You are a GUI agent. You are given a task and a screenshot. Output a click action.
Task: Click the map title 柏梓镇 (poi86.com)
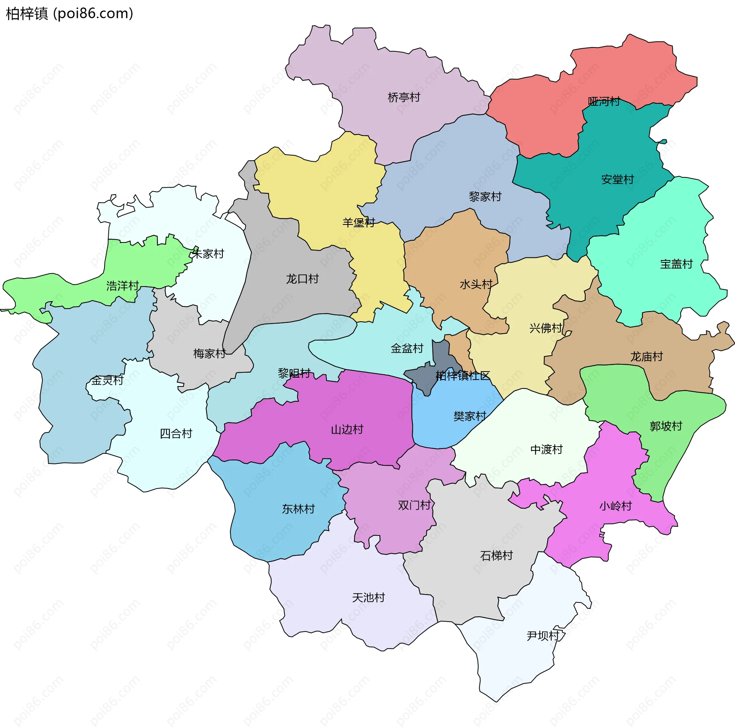(69, 13)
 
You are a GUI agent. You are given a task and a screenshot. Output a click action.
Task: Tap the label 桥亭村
(403, 97)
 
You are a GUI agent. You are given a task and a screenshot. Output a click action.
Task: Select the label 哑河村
(604, 101)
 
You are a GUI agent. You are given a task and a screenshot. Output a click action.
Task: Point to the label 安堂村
(617, 179)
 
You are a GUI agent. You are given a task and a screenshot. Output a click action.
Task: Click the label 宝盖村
(676, 264)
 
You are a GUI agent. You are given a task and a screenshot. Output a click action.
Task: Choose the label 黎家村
(485, 196)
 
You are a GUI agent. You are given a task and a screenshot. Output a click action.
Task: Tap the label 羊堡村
(358, 223)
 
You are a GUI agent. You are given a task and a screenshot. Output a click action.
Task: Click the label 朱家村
(207, 254)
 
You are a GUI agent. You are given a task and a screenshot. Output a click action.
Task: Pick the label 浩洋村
(122, 286)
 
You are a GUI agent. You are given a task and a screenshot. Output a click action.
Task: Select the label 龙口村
(302, 278)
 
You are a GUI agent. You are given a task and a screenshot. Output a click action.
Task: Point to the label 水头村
(475, 284)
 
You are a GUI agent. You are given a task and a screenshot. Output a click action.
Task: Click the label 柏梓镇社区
(462, 375)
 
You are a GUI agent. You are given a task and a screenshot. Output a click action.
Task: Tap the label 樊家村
(469, 416)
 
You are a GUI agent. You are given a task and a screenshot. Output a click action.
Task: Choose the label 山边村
(347, 429)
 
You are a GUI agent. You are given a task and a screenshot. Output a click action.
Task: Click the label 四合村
(176, 434)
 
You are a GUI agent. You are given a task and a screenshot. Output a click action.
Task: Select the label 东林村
(298, 509)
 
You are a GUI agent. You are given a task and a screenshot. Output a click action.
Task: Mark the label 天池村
(368, 598)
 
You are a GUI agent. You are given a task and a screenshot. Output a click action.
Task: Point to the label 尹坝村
(543, 636)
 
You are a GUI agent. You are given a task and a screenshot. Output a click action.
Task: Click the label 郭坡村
(666, 426)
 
